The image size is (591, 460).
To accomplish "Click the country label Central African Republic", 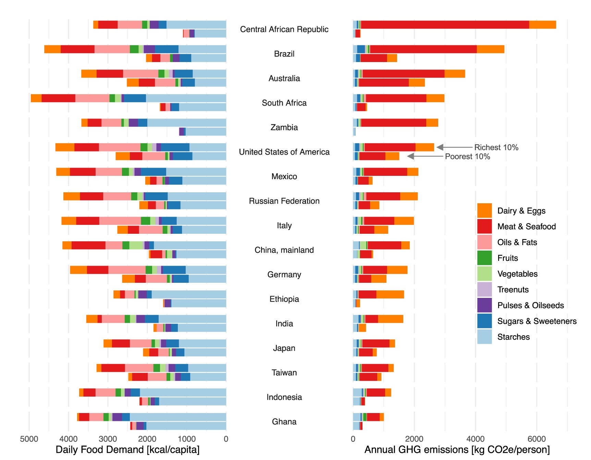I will pos(284,29).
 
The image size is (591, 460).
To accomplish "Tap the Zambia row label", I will pos(284,128).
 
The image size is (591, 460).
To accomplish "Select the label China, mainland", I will pos(284,250).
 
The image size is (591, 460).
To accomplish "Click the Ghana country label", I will pos(284,422).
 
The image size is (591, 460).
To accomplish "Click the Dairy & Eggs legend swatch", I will pos(484,210).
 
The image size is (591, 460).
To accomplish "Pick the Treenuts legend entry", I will pos(513,290).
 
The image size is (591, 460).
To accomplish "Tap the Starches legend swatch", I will pos(484,337).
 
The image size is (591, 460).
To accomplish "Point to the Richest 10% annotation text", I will pos(496,147).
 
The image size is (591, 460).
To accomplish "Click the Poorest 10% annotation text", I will pos(467,157).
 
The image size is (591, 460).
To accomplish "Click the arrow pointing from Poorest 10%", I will pos(425,156).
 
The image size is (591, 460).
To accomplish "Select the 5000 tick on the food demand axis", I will pos(29,439).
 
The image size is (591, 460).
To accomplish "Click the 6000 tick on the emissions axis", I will pos(537,439).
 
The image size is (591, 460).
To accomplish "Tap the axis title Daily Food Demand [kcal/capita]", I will pos(127,450).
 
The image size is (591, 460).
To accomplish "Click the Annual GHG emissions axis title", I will pos(457,450).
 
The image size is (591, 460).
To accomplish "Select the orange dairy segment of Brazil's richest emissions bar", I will pos(490,49).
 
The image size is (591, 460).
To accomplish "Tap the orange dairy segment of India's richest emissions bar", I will pos(390,319).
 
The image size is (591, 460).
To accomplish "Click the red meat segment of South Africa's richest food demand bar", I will pos(58,98).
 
